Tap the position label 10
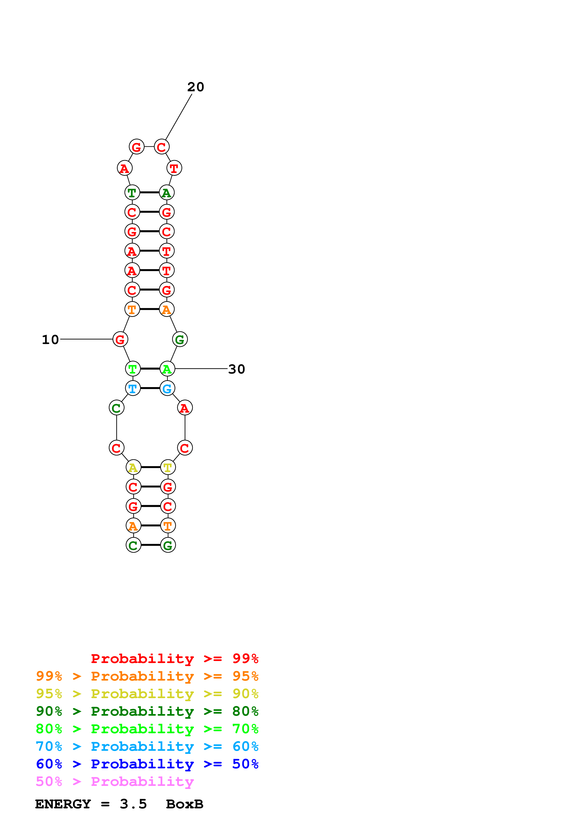pos(50,340)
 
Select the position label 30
pos(237,369)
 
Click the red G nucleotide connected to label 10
pos(120,339)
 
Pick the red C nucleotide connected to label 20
pos(161,147)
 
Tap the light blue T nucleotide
pos(133,388)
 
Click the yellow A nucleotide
pos(133,467)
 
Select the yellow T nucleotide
pos(168,467)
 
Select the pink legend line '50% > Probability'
pos(115,781)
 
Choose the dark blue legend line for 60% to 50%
pos(147,764)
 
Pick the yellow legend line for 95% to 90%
pos(147,693)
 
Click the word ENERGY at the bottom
pos(63,804)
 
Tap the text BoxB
pos(184,804)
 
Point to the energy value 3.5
pos(133,804)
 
